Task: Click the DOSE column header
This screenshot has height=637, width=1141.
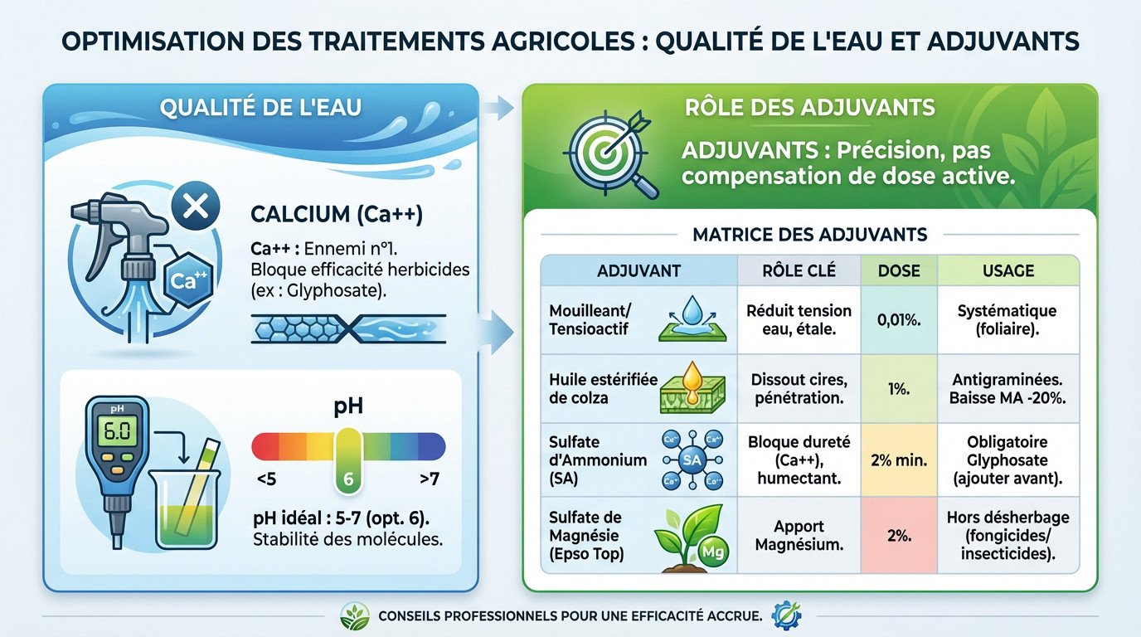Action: point(899,270)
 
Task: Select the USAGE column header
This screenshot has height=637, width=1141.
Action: point(1007,270)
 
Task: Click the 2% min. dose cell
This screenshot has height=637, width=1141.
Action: point(899,460)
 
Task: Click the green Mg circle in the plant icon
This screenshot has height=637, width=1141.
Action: point(708,550)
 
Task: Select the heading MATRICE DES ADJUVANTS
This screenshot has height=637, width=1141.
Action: point(809,235)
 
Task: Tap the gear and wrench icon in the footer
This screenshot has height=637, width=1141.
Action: point(784,615)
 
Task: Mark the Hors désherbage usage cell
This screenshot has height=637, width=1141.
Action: point(1007,536)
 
